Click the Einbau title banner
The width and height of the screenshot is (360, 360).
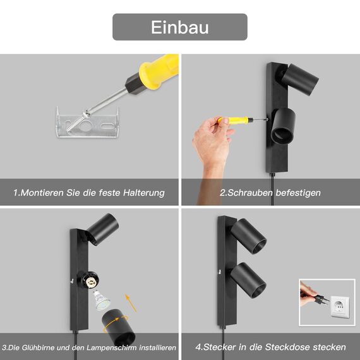pyautogui.click(x=180, y=27)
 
